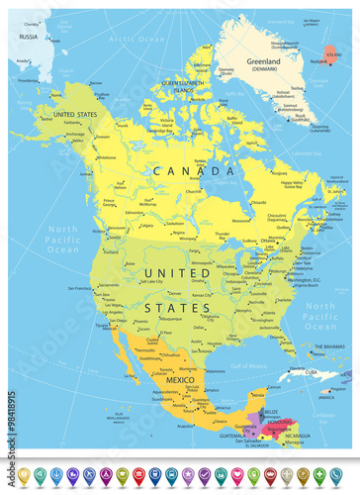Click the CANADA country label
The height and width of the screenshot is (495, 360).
[x=194, y=170]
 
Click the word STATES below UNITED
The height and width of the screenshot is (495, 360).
[x=179, y=307]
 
